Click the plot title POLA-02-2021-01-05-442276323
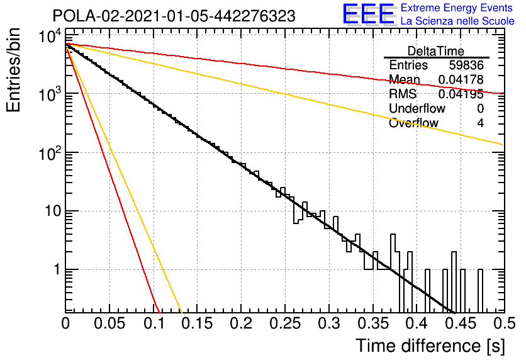coord(174,16)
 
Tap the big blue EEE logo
coord(369,14)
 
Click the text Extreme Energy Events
coord(457,8)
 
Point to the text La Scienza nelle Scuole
coord(457,21)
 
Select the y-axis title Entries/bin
coord(13,70)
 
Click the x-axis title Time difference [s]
coord(430,346)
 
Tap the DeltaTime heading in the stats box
coord(436,51)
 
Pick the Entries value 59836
coord(466,65)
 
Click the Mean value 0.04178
coord(461,79)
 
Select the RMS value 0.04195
coord(461,94)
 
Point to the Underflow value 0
coord(480,108)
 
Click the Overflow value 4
coord(480,123)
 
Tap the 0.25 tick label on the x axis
coord(285,323)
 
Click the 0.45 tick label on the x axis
coord(461,323)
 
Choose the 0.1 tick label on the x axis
coord(154,323)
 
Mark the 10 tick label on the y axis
coord(53,211)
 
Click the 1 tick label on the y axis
coord(57,269)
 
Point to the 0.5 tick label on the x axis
coord(505,323)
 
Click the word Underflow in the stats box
coord(417,108)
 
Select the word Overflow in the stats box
coord(413,123)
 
